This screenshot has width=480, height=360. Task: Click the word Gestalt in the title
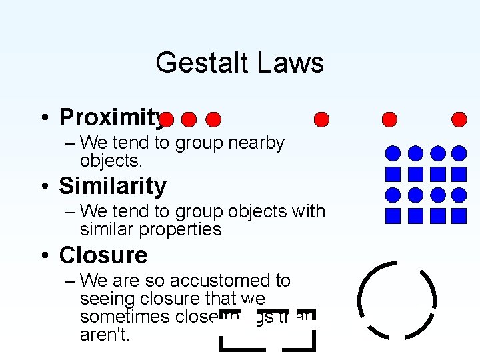[197, 63]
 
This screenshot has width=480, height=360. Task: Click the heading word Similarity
[113, 186]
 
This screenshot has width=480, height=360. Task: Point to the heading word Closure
[103, 255]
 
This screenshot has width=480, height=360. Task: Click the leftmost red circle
[167, 119]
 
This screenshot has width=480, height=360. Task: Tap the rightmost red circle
[459, 119]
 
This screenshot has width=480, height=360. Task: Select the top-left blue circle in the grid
[393, 153]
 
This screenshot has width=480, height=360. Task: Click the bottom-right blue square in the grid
[459, 216]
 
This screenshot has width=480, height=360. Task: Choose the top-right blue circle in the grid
[459, 153]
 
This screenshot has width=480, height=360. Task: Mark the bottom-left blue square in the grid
[393, 216]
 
